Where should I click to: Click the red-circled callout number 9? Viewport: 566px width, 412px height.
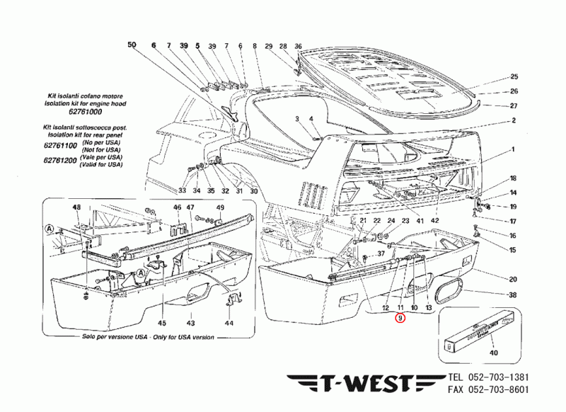(x=400, y=319)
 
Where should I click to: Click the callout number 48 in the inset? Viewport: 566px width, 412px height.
(x=76, y=207)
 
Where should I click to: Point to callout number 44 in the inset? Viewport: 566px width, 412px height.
(x=229, y=323)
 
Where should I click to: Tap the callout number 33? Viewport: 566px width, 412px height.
(x=182, y=190)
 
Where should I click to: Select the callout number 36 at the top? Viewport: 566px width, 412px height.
(x=298, y=46)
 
